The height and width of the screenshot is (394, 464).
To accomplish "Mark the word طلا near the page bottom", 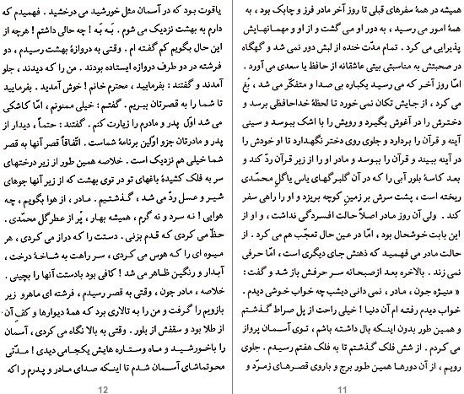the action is point(201,349).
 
